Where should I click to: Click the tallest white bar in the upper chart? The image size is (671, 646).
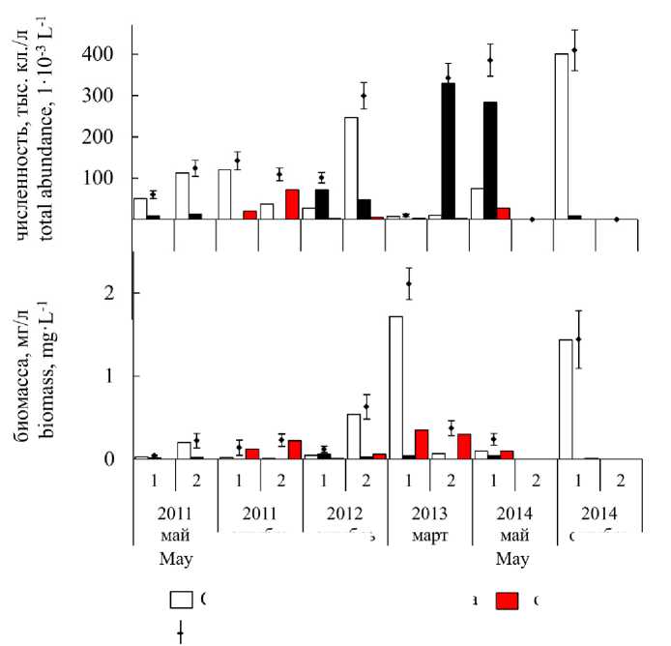point(561,136)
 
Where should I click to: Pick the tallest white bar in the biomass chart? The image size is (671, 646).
point(395,387)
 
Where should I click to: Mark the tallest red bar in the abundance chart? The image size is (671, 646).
point(292,204)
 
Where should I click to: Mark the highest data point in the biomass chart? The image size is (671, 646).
point(409,283)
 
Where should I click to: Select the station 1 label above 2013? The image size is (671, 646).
point(409,480)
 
